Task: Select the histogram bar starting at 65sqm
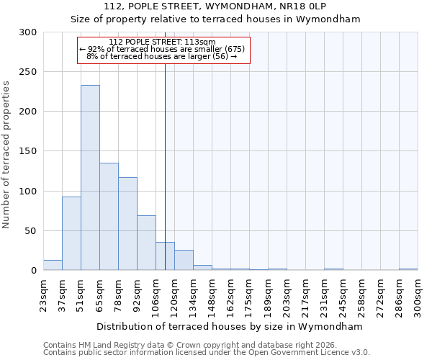tap(109, 216)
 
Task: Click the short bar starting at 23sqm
tap(53, 265)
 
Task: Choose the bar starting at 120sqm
tap(184, 260)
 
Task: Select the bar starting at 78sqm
tap(127, 223)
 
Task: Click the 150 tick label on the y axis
tap(28, 151)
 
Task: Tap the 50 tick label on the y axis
tap(31, 231)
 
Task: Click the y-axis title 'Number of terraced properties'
tap(7, 154)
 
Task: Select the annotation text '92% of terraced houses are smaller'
tap(163, 49)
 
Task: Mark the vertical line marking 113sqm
tap(165, 158)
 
